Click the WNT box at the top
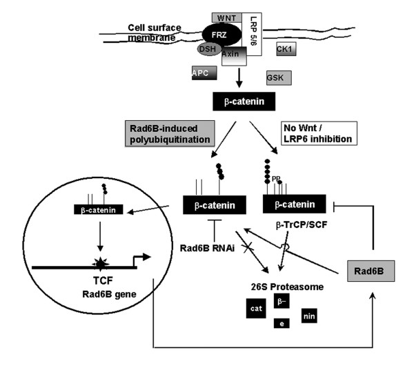[x=226, y=18]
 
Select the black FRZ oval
[x=221, y=35]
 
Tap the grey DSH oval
[x=209, y=49]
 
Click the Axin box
[x=234, y=57]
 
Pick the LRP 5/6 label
[x=253, y=30]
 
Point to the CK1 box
[x=286, y=49]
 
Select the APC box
[x=204, y=73]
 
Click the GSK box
[x=279, y=78]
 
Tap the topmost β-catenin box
[x=244, y=102]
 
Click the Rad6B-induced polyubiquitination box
[x=170, y=133]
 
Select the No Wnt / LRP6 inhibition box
[x=319, y=133]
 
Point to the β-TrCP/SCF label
[x=302, y=225]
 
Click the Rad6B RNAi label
[x=207, y=248]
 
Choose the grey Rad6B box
[x=371, y=271]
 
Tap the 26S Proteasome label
[x=287, y=287]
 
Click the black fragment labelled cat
[x=256, y=309]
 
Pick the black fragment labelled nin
[x=309, y=316]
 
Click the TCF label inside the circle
[x=103, y=280]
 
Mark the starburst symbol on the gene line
[x=100, y=264]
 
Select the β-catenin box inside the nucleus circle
[x=99, y=209]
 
